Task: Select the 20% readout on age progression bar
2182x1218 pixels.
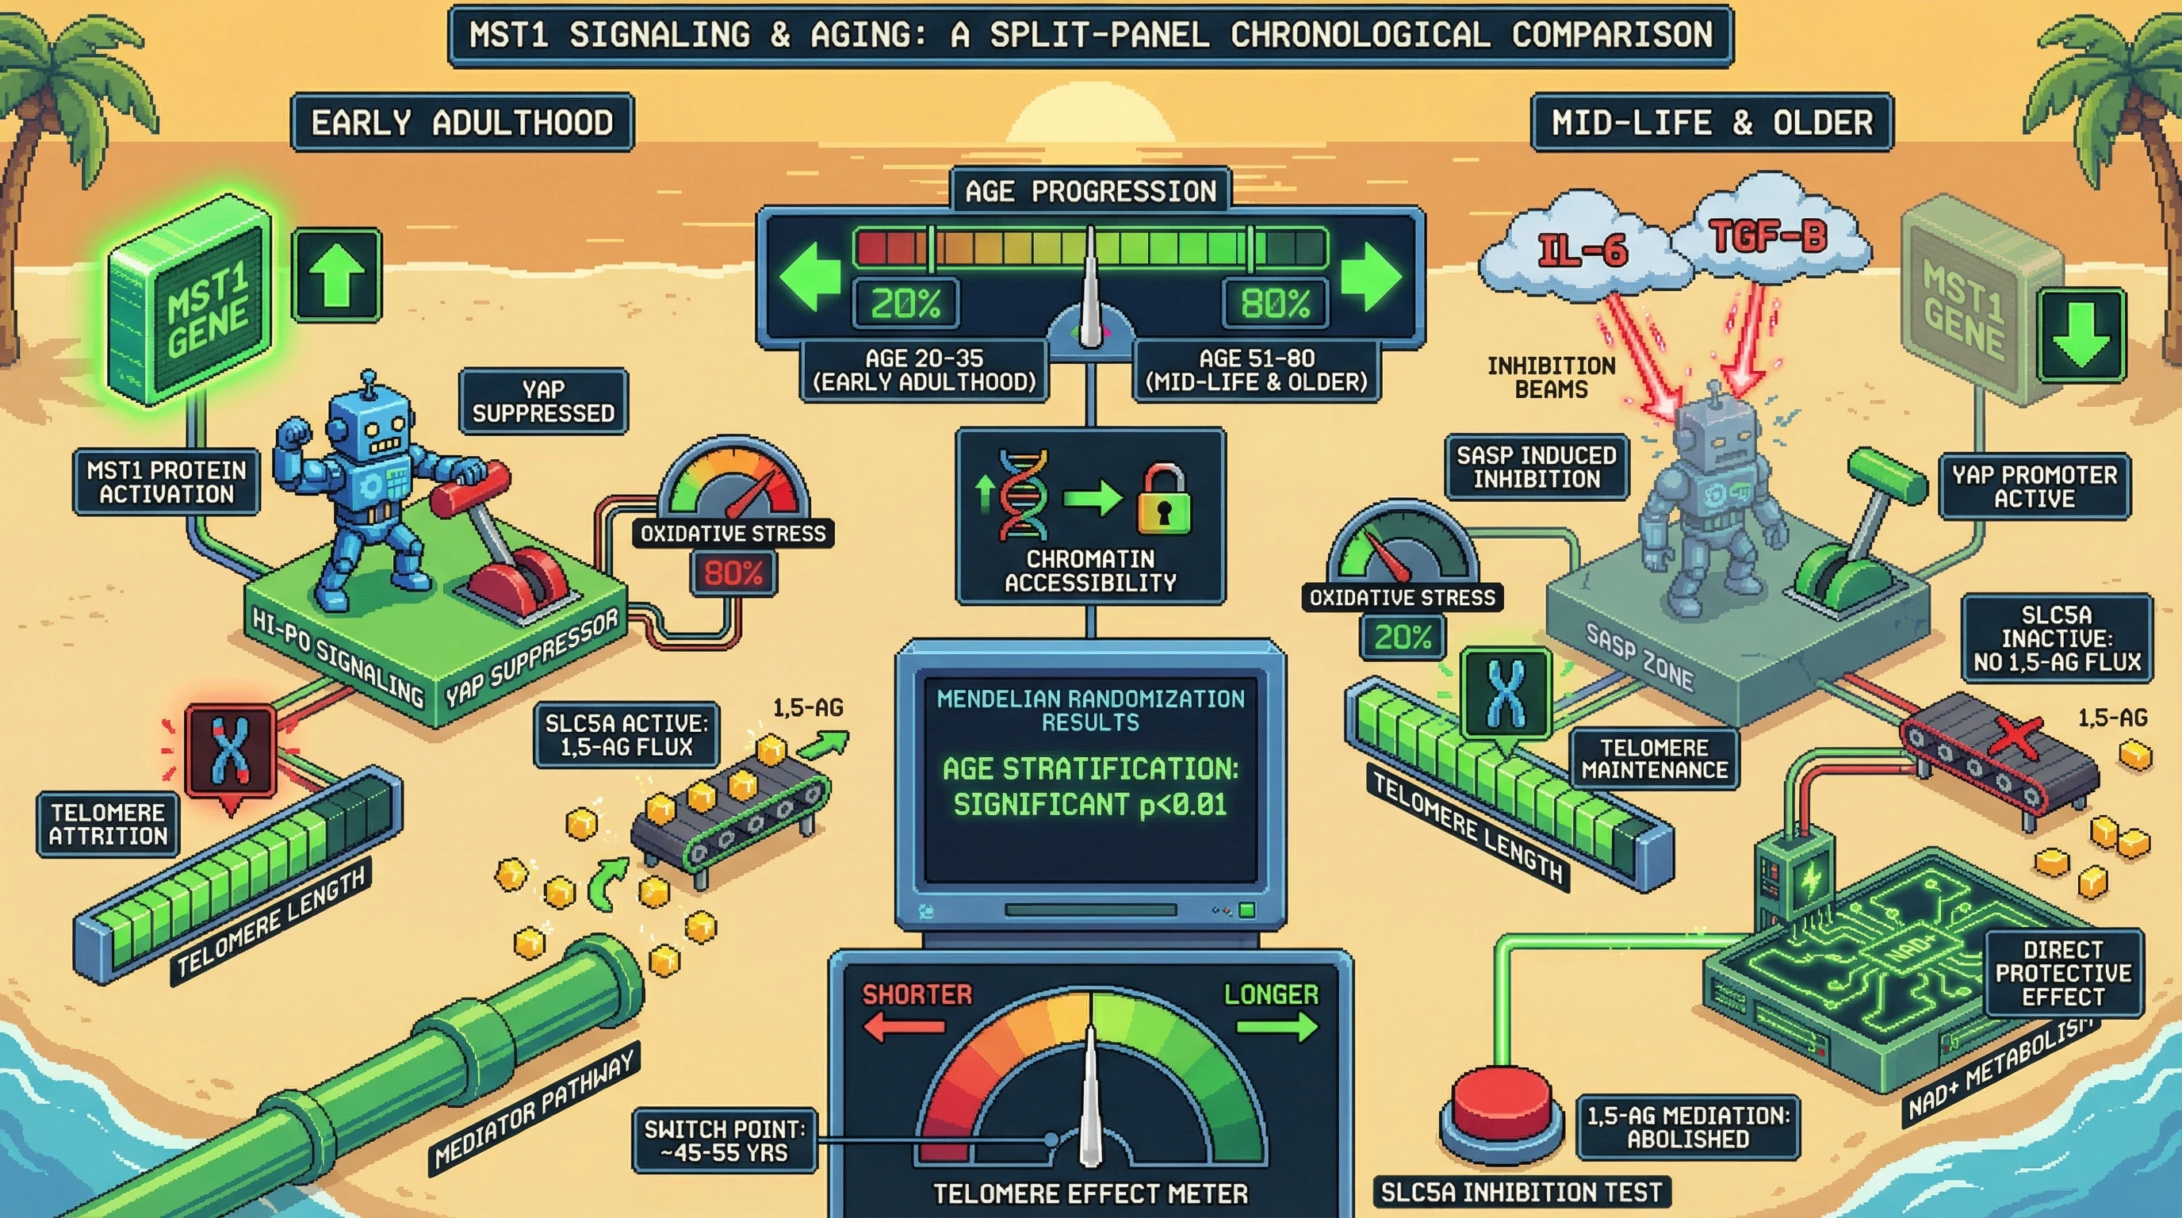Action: click(x=905, y=302)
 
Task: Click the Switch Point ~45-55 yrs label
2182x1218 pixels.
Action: click(x=724, y=1140)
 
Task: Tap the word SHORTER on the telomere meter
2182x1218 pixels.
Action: click(x=917, y=994)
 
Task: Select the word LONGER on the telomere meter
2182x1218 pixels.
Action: click(x=1270, y=994)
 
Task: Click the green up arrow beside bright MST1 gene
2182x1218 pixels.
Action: click(x=336, y=275)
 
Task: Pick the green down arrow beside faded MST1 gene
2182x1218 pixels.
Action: click(x=2081, y=334)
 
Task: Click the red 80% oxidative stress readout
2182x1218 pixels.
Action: click(x=733, y=573)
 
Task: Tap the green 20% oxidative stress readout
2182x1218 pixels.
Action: click(x=1403, y=637)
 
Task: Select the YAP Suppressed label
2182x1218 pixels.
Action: click(x=543, y=401)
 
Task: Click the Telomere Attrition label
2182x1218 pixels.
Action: click(x=109, y=824)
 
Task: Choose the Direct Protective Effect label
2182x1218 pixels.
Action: click(x=2062, y=973)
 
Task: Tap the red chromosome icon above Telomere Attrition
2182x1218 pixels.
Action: click(x=231, y=750)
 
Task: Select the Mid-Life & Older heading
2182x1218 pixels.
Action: click(x=1712, y=123)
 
